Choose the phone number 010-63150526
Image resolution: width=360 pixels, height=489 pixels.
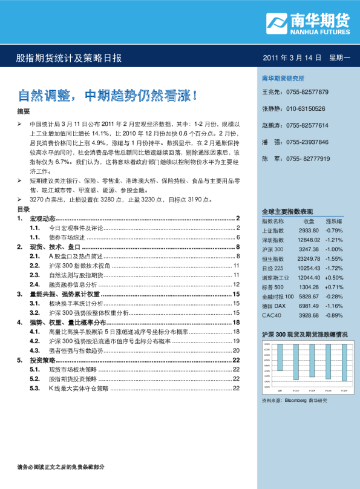click(306, 109)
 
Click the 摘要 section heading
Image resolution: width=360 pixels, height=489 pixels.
click(23, 111)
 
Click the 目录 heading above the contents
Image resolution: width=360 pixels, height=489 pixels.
click(23, 208)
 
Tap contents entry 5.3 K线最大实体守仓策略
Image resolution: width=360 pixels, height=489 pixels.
click(79, 388)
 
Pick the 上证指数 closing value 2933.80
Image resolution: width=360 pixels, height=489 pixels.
click(309, 231)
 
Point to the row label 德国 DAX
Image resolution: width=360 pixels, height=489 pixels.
click(273, 306)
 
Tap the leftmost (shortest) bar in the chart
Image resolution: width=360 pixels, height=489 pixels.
click(280, 360)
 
